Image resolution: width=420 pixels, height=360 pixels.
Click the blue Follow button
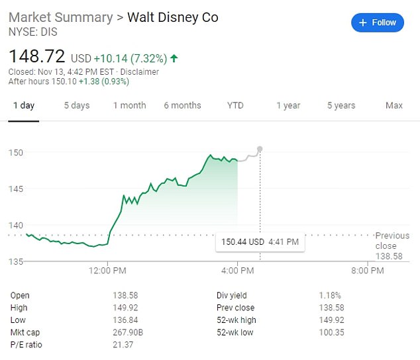tap(378, 22)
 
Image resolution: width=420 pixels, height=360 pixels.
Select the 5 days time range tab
tap(76, 105)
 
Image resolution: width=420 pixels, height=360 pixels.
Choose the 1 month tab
tap(129, 105)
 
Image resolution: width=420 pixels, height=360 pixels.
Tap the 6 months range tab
tap(182, 105)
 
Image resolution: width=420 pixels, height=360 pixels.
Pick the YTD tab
tap(235, 105)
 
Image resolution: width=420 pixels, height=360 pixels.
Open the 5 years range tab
tap(341, 105)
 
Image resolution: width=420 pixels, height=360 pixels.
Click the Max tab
tap(394, 105)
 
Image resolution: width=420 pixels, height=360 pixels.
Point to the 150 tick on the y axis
tap(15, 152)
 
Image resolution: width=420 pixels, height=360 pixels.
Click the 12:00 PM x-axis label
tap(107, 270)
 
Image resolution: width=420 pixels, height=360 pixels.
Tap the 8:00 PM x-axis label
tap(368, 270)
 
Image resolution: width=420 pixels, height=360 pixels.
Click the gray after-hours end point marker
tap(260, 149)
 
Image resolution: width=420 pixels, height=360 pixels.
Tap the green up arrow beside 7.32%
tap(174, 59)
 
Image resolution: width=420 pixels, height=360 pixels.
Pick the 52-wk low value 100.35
tap(332, 332)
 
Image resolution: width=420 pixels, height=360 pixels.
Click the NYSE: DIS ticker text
tap(32, 31)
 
